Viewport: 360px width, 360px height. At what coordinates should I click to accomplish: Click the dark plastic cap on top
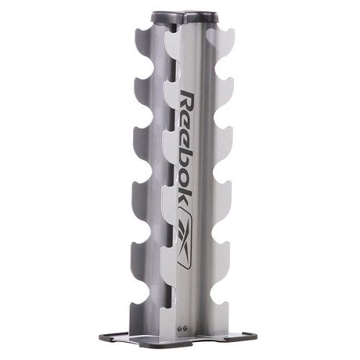coord(184,17)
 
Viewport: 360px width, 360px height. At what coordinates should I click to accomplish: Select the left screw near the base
coord(180,328)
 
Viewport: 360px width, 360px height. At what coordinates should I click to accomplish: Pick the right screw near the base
coord(185,328)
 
